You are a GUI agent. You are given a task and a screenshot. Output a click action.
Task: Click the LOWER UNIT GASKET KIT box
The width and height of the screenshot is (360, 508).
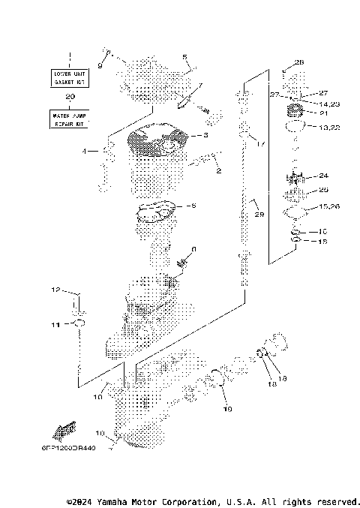[70, 77]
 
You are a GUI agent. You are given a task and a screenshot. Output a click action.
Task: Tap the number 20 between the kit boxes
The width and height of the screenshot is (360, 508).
[70, 97]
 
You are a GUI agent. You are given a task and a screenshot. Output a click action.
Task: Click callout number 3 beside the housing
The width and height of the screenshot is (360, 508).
[203, 136]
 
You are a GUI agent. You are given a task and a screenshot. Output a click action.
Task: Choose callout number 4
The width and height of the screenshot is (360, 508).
[85, 151]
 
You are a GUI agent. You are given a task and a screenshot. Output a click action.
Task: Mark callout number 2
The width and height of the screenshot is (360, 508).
[218, 171]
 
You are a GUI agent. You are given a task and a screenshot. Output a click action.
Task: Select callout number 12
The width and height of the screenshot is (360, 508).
[55, 289]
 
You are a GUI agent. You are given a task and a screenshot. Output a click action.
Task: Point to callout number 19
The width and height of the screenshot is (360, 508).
[227, 410]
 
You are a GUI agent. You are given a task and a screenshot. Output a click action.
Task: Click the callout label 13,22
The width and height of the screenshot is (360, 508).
[328, 128]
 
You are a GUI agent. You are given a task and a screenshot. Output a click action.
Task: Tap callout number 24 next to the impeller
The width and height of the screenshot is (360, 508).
[323, 176]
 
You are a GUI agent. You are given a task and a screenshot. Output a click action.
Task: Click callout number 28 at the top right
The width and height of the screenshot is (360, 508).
[299, 62]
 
